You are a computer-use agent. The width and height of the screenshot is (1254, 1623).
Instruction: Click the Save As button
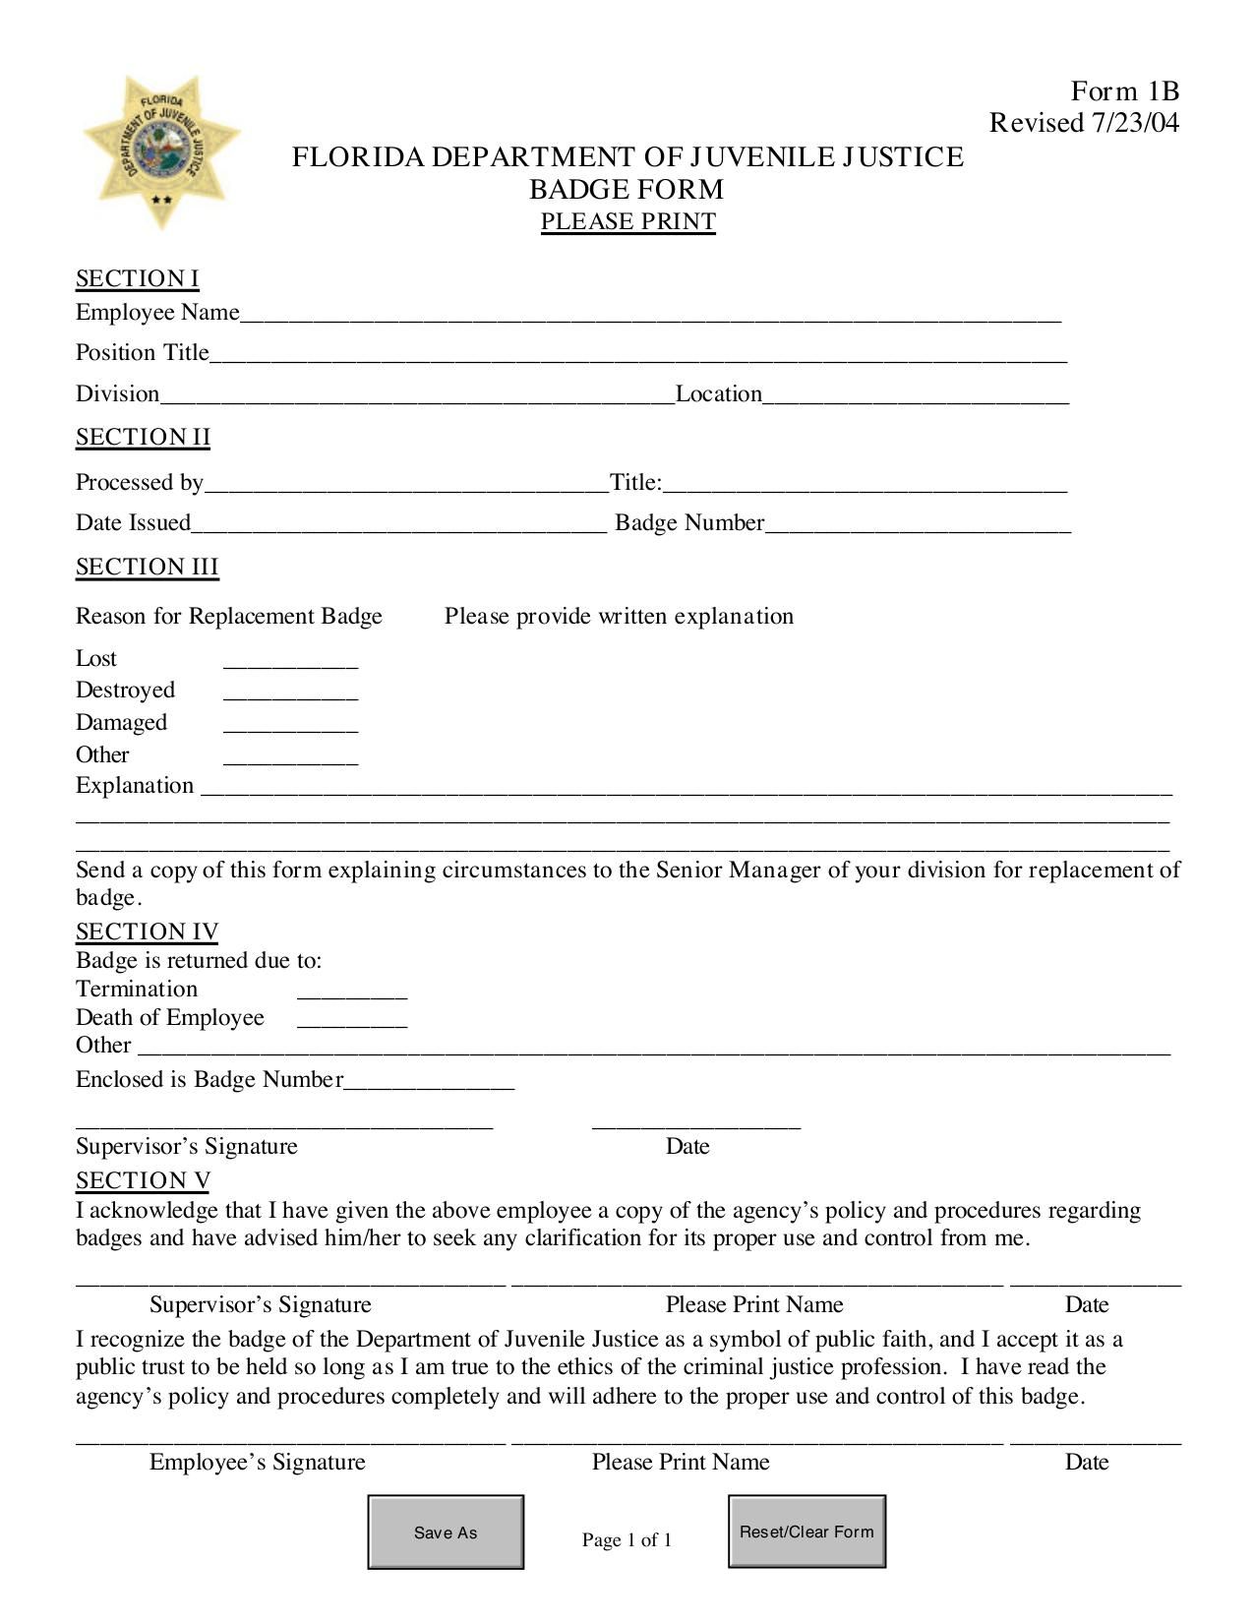click(x=446, y=1532)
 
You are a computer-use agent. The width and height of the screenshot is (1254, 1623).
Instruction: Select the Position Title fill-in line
click(x=637, y=355)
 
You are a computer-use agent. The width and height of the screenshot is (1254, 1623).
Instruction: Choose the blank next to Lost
click(x=290, y=661)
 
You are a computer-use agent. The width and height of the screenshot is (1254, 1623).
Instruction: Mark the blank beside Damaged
click(x=290, y=725)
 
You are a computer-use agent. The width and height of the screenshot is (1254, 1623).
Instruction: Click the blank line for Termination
click(x=351, y=992)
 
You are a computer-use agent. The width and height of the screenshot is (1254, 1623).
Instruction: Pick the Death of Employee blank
click(x=351, y=1020)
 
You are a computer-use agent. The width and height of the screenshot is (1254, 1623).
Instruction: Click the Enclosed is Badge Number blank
click(x=429, y=1082)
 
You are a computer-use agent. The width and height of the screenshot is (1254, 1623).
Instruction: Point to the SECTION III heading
click(x=148, y=568)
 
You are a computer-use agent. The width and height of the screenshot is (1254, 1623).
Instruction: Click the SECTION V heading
click(x=144, y=1180)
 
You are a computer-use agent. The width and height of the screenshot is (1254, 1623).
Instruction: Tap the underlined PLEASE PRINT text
click(x=627, y=221)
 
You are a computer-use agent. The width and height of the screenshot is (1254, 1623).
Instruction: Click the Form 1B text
click(x=1124, y=91)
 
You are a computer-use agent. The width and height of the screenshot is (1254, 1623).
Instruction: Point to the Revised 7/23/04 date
click(x=1084, y=123)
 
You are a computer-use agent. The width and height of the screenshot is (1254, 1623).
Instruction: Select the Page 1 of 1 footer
click(x=627, y=1539)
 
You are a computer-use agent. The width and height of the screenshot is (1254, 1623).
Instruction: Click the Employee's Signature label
click(x=257, y=1462)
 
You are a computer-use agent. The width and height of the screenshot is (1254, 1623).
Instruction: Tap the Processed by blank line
click(x=405, y=485)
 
